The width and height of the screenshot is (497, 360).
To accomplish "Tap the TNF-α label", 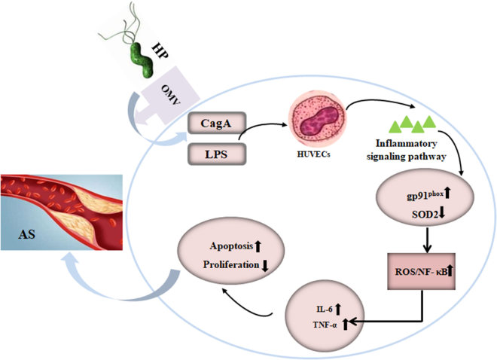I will pos(324,325).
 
